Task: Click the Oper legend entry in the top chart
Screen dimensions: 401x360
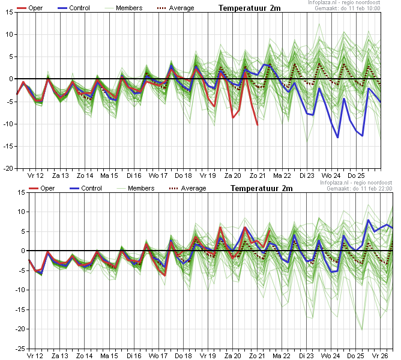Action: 29,8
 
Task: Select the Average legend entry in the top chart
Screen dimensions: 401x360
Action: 175,8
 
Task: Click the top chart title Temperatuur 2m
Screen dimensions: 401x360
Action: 249,8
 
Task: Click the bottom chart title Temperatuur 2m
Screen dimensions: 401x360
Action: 261,189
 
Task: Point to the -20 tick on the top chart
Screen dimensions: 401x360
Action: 8,168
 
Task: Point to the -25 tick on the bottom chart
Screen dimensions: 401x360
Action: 20,349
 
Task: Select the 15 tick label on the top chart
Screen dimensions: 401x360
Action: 10,12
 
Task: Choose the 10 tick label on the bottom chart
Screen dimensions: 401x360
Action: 22,212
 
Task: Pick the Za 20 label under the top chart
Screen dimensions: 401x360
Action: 233,175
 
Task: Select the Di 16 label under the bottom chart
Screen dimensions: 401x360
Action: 134,356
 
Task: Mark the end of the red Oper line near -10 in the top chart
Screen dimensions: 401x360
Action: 258,124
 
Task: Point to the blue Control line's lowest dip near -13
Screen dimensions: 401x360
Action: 338,138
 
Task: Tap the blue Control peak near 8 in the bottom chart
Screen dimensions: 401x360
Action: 368,220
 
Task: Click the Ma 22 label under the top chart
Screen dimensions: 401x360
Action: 282,175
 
